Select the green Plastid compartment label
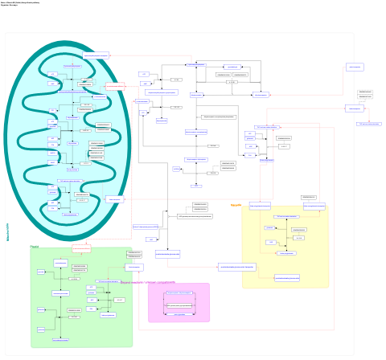(x=34, y=246)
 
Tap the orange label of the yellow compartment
(x=236, y=205)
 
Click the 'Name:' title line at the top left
(x=22, y=2)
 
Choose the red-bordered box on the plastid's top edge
(x=81, y=248)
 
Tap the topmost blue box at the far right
(x=354, y=67)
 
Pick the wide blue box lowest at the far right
(x=368, y=124)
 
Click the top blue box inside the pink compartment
(x=179, y=293)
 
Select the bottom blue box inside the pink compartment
(x=179, y=314)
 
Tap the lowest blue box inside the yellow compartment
(x=286, y=278)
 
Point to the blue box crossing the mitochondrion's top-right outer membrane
(x=95, y=55)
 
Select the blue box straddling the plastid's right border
(x=133, y=267)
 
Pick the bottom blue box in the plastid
(x=60, y=340)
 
